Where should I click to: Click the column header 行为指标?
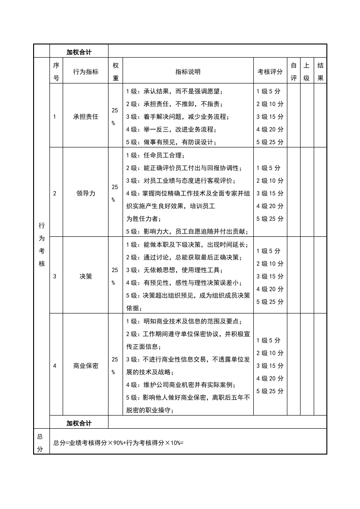tap(85, 71)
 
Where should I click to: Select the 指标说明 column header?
tap(188, 71)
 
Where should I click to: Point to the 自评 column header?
tap(294, 71)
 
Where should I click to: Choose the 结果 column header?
tap(320, 71)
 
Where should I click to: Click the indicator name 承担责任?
tap(85, 117)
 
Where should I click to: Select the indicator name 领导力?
tap(85, 193)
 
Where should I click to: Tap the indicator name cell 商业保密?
tap(85, 366)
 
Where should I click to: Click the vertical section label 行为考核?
tap(42, 244)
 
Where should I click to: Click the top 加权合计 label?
tap(79, 52)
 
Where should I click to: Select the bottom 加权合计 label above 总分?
tap(79, 423)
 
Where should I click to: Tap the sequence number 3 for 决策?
tap(55, 276)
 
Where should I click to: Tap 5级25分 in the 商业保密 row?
tap(270, 391)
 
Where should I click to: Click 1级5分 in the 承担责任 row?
tap(268, 91)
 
